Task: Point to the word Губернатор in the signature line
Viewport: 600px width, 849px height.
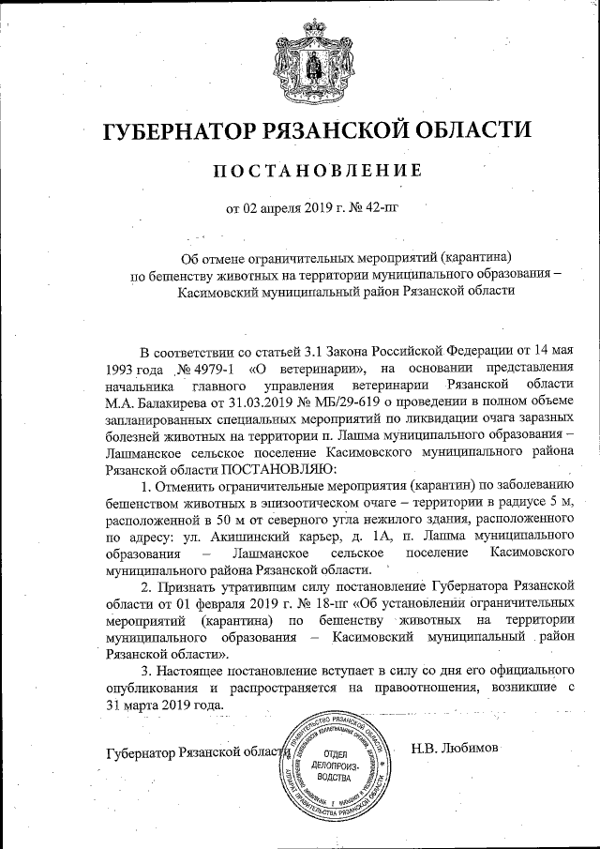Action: [x=148, y=752]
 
